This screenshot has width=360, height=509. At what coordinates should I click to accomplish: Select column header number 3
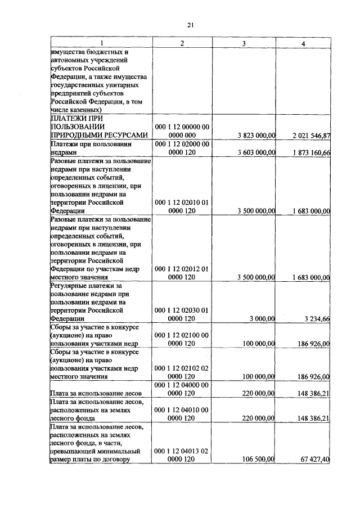[x=243, y=43]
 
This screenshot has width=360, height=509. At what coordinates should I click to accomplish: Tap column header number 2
[x=181, y=43]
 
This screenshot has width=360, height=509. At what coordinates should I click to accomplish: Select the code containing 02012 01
[x=182, y=269]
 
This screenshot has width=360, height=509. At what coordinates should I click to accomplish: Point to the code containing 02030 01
[x=182, y=310]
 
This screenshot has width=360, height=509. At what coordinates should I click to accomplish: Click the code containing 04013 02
[x=182, y=451]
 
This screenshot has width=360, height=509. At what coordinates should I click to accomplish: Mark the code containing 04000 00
[x=182, y=385]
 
